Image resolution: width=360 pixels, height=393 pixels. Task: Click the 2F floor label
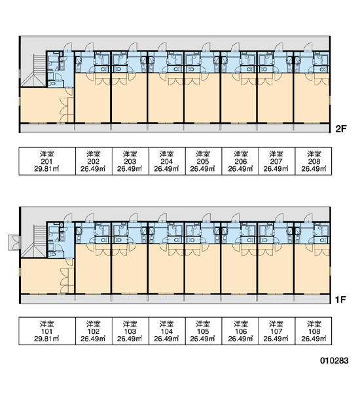click(x=341, y=129)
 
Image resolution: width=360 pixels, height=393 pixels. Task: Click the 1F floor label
click(x=341, y=299)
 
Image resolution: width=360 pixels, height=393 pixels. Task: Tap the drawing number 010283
click(x=334, y=361)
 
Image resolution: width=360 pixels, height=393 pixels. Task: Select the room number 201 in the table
click(x=46, y=161)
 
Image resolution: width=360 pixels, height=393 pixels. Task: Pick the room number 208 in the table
click(x=314, y=161)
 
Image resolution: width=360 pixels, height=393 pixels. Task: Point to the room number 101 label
click(x=46, y=331)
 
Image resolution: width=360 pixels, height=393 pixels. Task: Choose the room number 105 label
click(x=203, y=331)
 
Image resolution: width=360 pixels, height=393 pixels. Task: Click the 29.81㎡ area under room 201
click(x=46, y=169)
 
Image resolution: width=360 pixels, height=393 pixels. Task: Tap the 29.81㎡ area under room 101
click(x=46, y=339)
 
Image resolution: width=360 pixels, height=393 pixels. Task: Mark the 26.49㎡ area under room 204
click(x=166, y=169)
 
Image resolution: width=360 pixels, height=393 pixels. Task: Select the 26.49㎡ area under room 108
click(x=314, y=339)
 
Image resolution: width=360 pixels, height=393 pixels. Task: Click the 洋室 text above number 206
click(x=241, y=154)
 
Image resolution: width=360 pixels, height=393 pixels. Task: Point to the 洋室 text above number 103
click(x=130, y=324)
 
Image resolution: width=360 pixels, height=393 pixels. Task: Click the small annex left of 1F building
click(x=14, y=242)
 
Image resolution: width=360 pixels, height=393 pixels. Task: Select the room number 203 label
click(x=130, y=161)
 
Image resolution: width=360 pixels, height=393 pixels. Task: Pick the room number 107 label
click(x=276, y=331)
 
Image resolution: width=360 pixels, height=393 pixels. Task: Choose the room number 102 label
click(x=93, y=331)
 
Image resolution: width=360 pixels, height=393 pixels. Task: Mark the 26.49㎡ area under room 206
click(x=240, y=169)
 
